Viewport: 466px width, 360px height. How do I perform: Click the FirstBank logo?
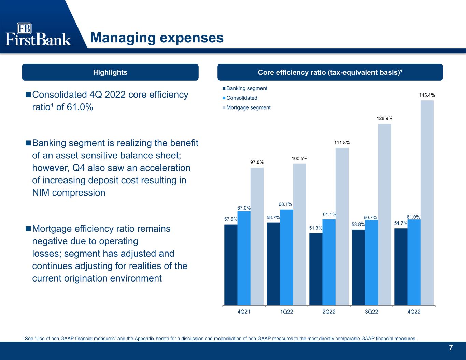[x=38, y=34]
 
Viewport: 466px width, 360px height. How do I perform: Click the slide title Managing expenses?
[x=157, y=38]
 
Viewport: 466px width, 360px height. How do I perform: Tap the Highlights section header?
[x=110, y=72]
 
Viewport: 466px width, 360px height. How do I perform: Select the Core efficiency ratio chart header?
[x=330, y=72]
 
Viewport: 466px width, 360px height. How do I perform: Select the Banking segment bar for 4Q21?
[x=231, y=264]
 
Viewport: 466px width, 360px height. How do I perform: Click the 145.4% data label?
[x=427, y=95]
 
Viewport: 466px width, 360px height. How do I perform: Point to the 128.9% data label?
[x=384, y=118]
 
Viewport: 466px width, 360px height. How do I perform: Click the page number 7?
[x=451, y=348]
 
